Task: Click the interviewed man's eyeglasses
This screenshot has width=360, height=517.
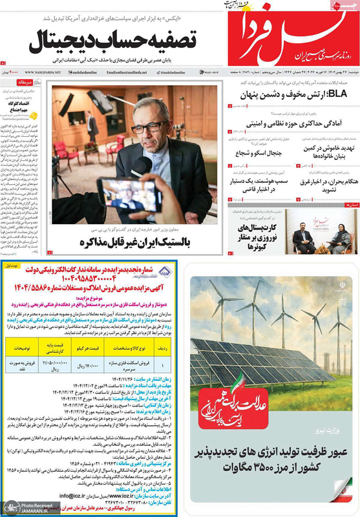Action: tap(153, 127)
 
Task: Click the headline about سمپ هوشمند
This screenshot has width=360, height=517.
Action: tap(261, 184)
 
